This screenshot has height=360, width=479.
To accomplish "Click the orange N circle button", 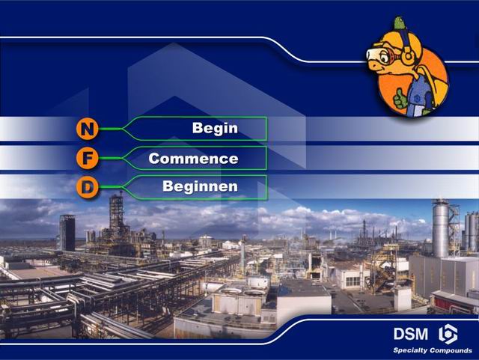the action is (88, 129).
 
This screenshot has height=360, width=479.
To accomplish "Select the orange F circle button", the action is (88, 158).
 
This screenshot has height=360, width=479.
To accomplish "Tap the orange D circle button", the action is (88, 187).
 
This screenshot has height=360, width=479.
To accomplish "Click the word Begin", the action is (215, 128).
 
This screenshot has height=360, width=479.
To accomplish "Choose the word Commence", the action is (193, 159).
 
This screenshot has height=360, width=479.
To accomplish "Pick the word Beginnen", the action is (200, 186).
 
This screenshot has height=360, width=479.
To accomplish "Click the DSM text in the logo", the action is (411, 334).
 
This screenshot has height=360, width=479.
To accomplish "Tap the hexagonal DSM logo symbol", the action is (448, 334).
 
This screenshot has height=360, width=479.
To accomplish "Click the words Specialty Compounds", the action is (433, 350).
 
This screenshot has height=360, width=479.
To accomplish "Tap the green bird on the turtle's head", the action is (399, 23).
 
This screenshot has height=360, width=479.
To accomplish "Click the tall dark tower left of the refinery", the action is (67, 233).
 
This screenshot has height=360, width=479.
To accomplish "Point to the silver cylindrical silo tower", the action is (440, 228).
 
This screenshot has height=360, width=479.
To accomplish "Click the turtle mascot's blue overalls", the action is (419, 95).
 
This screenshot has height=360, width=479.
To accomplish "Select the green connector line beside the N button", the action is (110, 129).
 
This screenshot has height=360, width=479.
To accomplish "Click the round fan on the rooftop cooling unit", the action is (231, 290).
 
